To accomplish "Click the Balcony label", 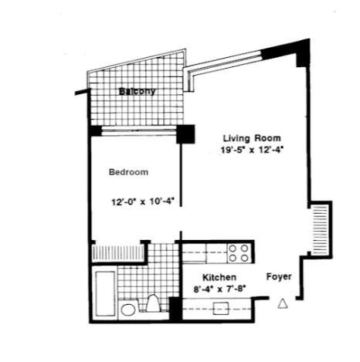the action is point(138,91).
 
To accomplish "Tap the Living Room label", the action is point(252,138).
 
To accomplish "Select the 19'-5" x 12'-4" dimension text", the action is point(252,150).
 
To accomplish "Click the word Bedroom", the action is point(128,172).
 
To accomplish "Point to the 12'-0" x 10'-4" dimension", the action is point(143,201).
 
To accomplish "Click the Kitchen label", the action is point(219,277).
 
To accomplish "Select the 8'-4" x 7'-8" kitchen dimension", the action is point(219,289).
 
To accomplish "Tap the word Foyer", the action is point(279,276).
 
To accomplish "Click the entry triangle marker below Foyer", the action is point(283,303).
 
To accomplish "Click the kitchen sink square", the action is point(221,308).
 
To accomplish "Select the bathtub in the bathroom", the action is point(105,293).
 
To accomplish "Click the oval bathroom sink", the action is point(128,310).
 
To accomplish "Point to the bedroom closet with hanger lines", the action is point(118,252).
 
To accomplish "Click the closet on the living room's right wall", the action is point(320,229).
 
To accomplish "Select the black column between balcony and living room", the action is point(185,134).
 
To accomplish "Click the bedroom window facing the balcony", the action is point(139,131).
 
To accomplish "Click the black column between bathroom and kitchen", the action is point(175,309).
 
